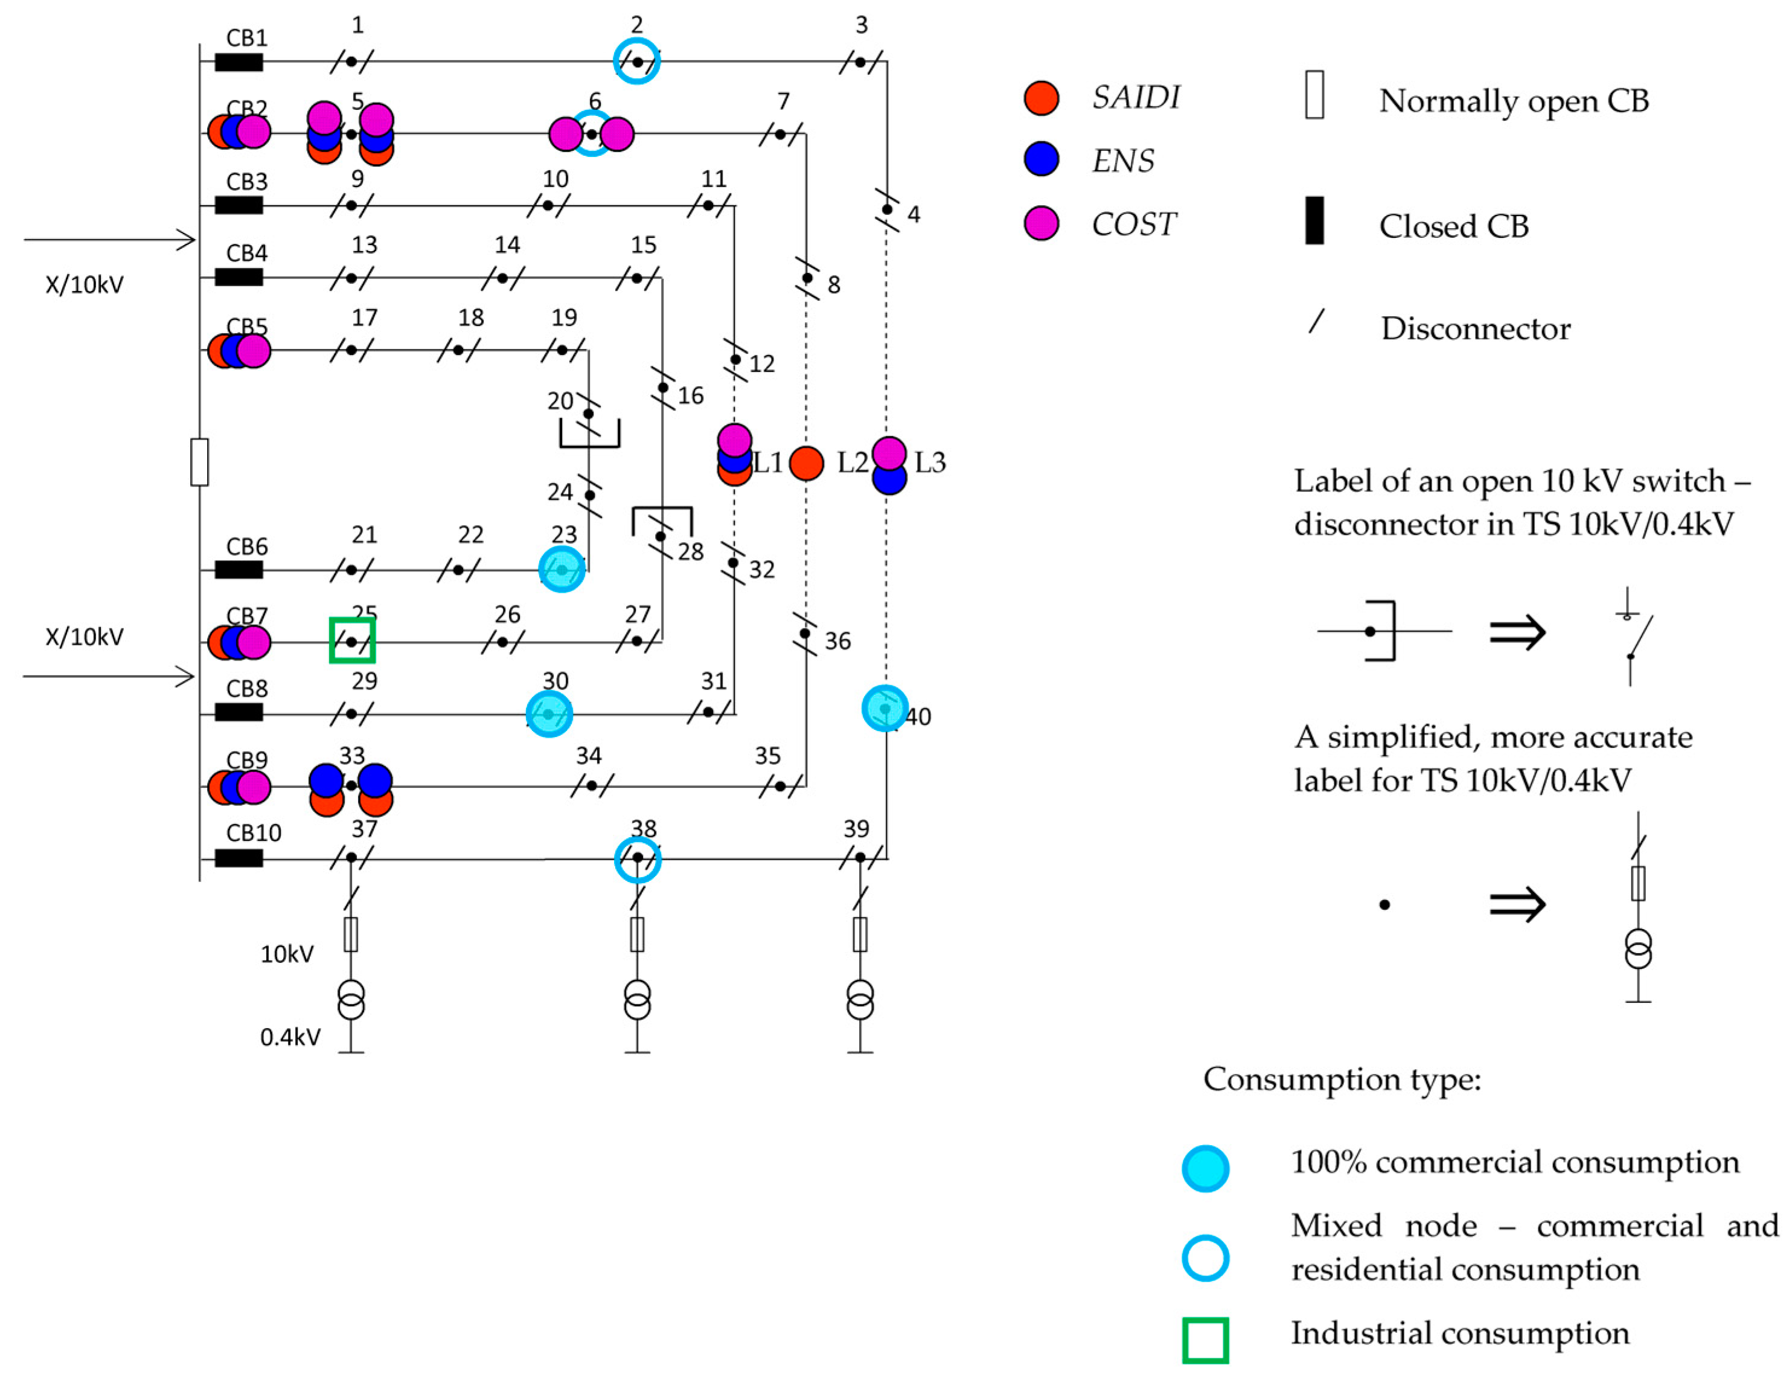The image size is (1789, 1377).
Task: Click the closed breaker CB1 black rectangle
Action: click(x=238, y=62)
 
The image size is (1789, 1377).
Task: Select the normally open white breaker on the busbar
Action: click(x=199, y=462)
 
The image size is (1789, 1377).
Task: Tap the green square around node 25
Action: click(x=352, y=640)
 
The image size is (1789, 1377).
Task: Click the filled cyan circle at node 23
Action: click(x=562, y=569)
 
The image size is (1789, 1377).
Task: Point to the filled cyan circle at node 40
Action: click(x=885, y=708)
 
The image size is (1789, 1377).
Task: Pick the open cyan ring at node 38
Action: click(x=638, y=859)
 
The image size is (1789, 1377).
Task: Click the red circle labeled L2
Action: click(x=806, y=464)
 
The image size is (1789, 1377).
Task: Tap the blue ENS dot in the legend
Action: click(x=1041, y=159)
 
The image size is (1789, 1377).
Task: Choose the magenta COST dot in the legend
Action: click(x=1041, y=223)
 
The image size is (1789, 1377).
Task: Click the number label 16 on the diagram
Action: click(x=691, y=395)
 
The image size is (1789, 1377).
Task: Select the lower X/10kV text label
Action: click(x=85, y=636)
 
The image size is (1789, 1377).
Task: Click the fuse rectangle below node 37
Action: click(x=351, y=934)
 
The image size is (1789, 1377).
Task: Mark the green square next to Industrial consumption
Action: click(x=1205, y=1340)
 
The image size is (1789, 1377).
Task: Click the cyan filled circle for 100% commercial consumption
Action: click(x=1205, y=1168)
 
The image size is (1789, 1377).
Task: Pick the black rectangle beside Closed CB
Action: click(x=1314, y=220)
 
